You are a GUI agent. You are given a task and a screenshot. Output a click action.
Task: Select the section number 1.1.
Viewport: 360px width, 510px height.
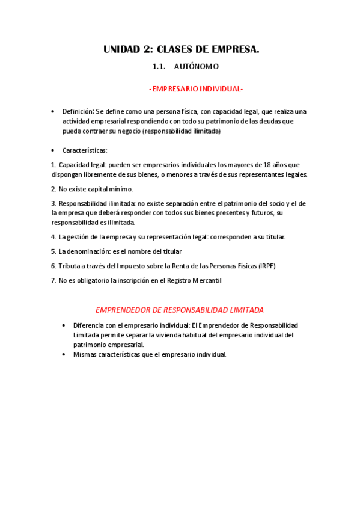(159, 67)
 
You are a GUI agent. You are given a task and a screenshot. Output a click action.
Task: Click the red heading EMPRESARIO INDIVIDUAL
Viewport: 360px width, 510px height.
(196, 89)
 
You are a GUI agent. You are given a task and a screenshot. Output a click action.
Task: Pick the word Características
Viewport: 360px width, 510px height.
(85, 150)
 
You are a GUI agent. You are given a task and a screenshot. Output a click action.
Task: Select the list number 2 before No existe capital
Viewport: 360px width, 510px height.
(53, 189)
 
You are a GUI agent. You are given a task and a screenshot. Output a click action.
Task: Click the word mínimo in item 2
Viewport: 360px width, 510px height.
(121, 189)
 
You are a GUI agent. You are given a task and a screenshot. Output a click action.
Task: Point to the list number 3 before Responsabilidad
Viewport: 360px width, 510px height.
(53, 203)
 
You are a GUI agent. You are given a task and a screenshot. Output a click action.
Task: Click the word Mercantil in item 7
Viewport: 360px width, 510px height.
(209, 280)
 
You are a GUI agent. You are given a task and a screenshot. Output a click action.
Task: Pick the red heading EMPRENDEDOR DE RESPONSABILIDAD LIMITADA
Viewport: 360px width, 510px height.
(180, 310)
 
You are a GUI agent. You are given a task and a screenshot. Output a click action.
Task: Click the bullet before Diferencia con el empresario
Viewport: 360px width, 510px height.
(65, 325)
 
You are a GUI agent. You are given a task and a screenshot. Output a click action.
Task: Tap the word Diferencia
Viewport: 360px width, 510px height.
(89, 325)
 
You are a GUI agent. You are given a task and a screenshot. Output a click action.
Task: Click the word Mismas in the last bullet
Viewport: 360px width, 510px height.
(85, 354)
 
